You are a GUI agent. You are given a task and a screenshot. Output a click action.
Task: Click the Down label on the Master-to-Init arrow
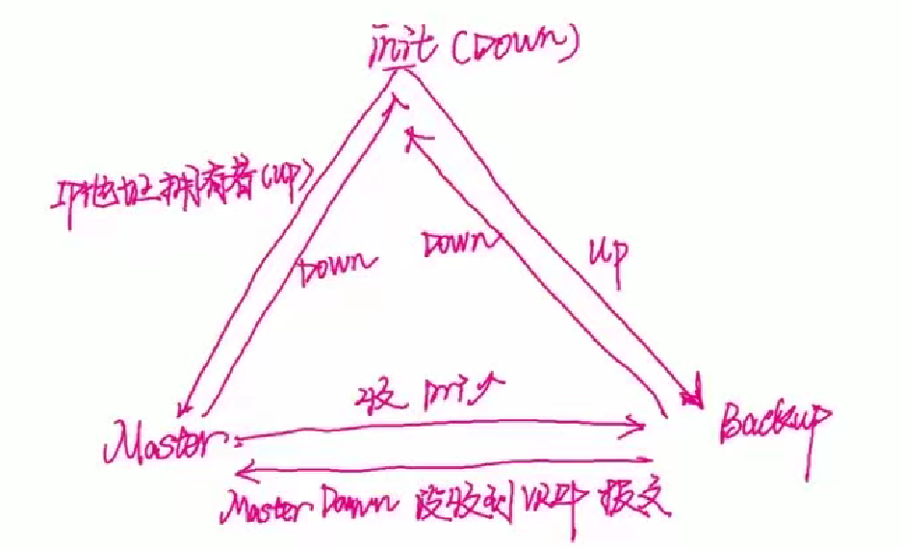pyautogui.click(x=333, y=269)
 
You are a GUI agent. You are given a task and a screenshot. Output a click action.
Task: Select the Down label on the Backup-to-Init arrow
pyautogui.click(x=452, y=244)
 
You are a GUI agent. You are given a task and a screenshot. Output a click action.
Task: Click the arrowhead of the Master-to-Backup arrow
pyautogui.click(x=636, y=424)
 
